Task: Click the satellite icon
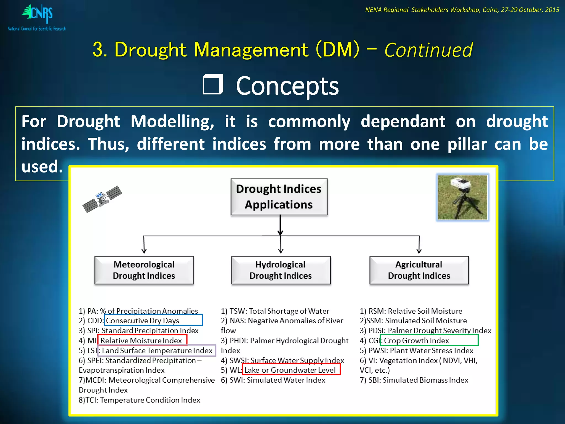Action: pyautogui.click(x=102, y=199)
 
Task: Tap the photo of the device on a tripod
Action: pyautogui.click(x=462, y=197)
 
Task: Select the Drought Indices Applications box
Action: pyautogui.click(x=279, y=197)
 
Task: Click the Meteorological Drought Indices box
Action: pyautogui.click(x=144, y=270)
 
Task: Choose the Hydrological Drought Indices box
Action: pyautogui.click(x=281, y=270)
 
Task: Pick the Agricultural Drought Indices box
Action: pyautogui.click(x=419, y=270)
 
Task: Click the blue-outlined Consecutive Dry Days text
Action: pyautogui.click(x=153, y=320)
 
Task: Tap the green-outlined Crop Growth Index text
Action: pyautogui.click(x=429, y=340)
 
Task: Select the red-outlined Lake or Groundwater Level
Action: pyautogui.click(x=291, y=370)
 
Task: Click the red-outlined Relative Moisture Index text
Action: pyautogui.click(x=142, y=340)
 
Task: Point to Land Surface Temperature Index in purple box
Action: pyautogui.click(x=157, y=351)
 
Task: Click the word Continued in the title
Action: pyautogui.click(x=428, y=50)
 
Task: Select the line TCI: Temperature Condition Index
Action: pyautogui.click(x=139, y=400)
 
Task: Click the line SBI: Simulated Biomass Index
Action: pyautogui.click(x=414, y=380)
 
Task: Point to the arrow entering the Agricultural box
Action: pyautogui.click(x=419, y=246)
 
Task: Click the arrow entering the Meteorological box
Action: pyautogui.click(x=144, y=246)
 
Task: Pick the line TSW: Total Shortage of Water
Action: pyautogui.click(x=275, y=311)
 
